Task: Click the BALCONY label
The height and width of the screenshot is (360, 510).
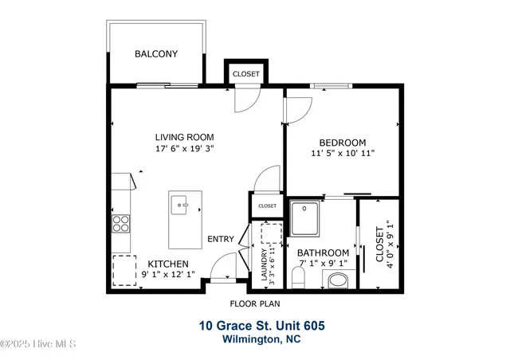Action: click(156, 54)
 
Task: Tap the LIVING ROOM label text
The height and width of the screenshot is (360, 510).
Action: click(184, 137)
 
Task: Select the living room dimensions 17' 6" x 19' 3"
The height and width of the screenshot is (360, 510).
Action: click(185, 148)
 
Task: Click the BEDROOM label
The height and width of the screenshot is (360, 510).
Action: click(342, 143)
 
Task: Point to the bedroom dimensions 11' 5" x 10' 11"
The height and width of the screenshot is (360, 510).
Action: click(342, 153)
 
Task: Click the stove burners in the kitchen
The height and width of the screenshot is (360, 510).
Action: click(121, 223)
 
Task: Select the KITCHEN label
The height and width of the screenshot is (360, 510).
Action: click(168, 264)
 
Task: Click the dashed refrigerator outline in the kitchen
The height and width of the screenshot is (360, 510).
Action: click(124, 269)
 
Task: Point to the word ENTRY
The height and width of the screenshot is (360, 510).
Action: click(221, 239)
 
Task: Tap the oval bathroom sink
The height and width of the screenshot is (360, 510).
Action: click(338, 280)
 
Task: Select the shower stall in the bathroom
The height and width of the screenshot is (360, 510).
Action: click(304, 218)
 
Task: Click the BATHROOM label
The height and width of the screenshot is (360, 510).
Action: click(323, 252)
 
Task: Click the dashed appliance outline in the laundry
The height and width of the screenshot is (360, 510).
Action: click(271, 233)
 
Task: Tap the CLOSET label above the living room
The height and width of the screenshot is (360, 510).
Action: click(245, 74)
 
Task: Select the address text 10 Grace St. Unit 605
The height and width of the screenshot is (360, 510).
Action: click(261, 326)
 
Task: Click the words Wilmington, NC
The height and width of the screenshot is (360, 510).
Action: click(261, 339)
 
